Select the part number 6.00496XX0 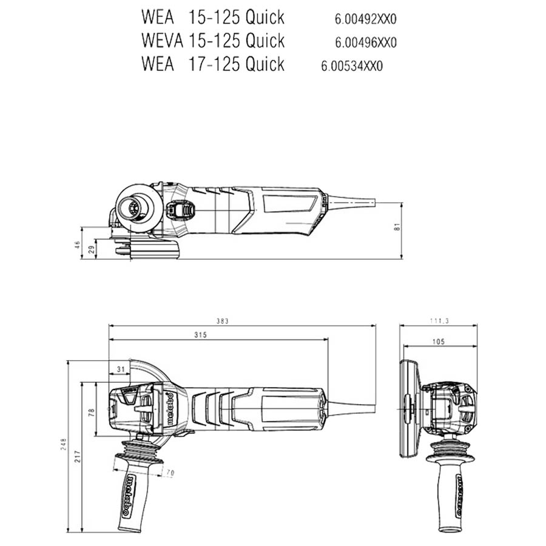[366, 42]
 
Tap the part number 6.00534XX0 [352, 66]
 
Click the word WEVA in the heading [162, 41]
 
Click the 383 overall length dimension [222, 321]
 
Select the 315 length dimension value [200, 335]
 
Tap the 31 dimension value [121, 369]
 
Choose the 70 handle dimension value [170, 473]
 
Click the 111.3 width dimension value [439, 321]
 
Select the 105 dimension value [439, 342]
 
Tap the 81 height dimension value [397, 226]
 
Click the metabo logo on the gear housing [170, 409]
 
